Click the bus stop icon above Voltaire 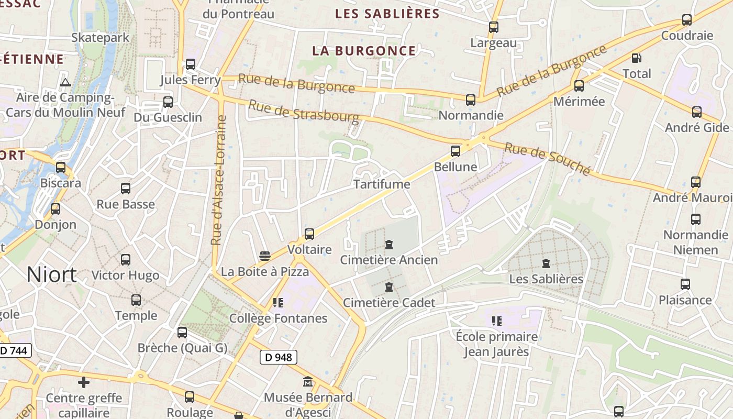(x=309, y=234)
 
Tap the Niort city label (x=51, y=274)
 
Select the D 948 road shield (x=279, y=358)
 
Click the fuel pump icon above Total (x=637, y=58)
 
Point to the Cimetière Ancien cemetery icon (x=389, y=245)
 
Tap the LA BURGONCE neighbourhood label (x=364, y=51)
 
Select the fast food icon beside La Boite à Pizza (x=265, y=256)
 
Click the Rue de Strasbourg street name (x=304, y=112)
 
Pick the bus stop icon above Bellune (x=456, y=151)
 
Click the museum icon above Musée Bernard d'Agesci (x=308, y=382)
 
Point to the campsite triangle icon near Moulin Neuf (x=65, y=82)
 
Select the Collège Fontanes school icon (x=278, y=303)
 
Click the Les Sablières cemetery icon (x=546, y=263)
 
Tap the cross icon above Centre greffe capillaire (x=84, y=382)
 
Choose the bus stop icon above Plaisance (x=685, y=284)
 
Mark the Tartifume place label (x=381, y=184)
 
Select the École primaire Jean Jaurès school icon (x=496, y=321)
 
